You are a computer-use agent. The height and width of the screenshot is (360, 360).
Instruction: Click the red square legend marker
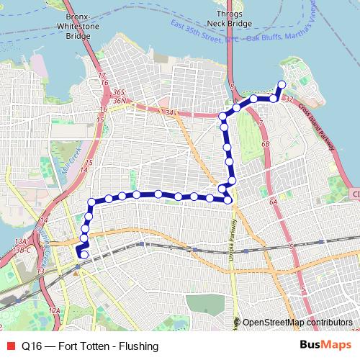(10, 346)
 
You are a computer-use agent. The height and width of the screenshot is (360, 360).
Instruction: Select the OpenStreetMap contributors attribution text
(297, 323)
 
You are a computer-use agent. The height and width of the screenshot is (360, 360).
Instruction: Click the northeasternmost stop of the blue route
(282, 84)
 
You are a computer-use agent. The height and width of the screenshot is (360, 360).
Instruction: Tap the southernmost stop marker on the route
(84, 254)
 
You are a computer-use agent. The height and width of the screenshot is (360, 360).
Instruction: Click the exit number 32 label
(289, 98)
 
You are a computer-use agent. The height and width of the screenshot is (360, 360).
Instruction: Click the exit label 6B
(265, 145)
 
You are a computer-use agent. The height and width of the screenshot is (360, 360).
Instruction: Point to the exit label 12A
(54, 310)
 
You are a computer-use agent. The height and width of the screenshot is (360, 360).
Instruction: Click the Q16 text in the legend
(31, 346)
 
